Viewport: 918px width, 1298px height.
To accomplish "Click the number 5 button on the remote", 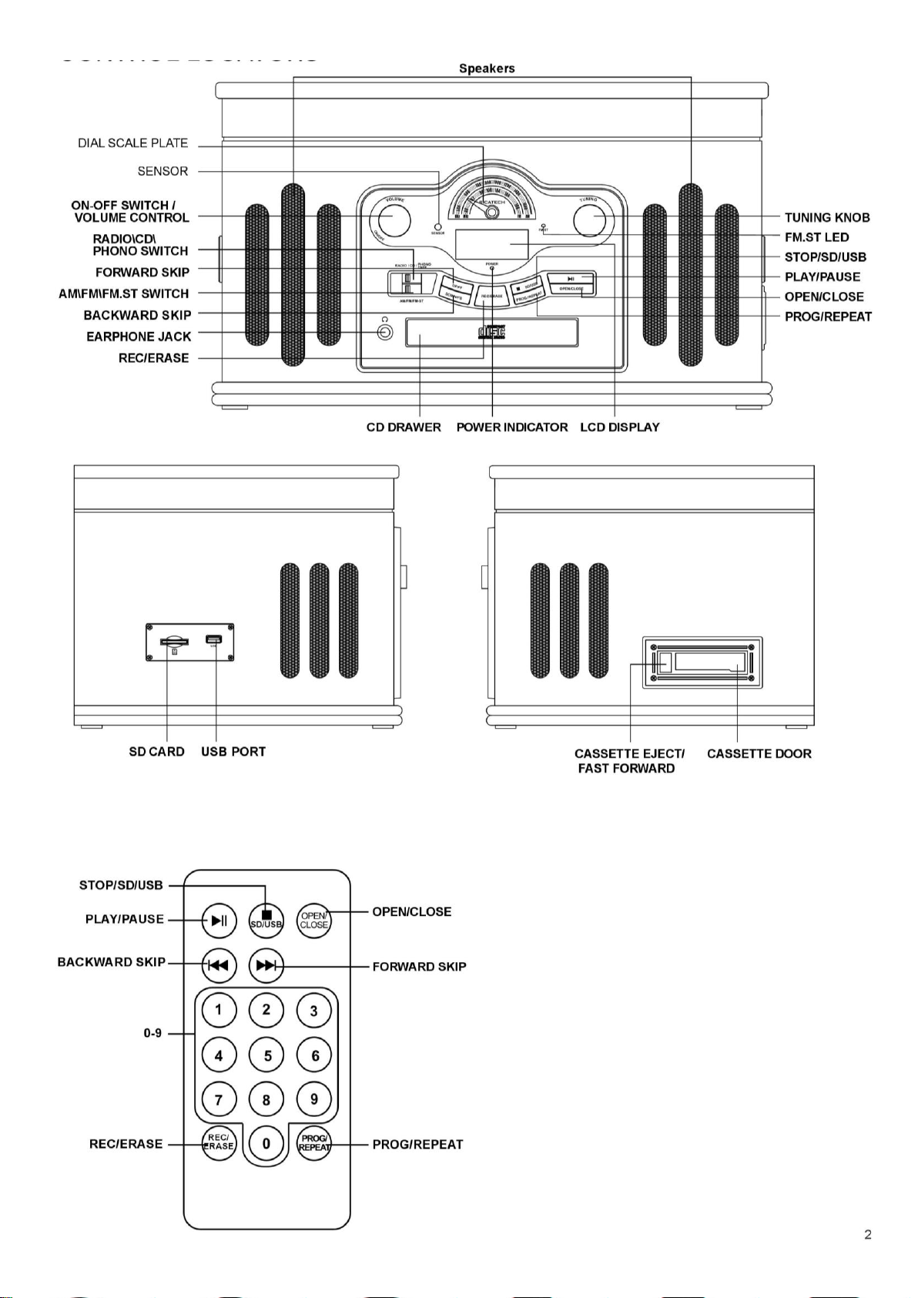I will pyautogui.click(x=266, y=1055).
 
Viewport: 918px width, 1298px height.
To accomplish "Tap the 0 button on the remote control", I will pyautogui.click(x=266, y=1143).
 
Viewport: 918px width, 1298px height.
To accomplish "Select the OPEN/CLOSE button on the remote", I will pyautogui.click(x=314, y=920).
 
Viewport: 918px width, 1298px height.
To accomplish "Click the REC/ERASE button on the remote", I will pyautogui.click(x=219, y=1143).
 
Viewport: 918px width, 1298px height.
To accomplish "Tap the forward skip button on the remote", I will pyautogui.click(x=266, y=965).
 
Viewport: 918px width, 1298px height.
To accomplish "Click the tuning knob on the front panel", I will pyautogui.click(x=596, y=217).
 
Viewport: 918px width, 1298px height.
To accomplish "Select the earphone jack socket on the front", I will pyautogui.click(x=385, y=333).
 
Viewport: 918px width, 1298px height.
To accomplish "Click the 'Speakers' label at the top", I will pyautogui.click(x=487, y=69).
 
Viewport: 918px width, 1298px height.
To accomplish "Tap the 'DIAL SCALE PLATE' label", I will pyautogui.click(x=132, y=143).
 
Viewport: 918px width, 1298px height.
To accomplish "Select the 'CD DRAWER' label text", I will pyautogui.click(x=404, y=428).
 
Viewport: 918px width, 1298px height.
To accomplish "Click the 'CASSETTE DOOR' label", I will pyautogui.click(x=759, y=753).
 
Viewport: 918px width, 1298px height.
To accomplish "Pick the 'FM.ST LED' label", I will pyautogui.click(x=816, y=237).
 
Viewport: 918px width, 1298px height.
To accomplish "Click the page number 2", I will pyautogui.click(x=868, y=1235).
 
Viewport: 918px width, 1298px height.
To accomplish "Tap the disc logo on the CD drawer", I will pyautogui.click(x=491, y=332).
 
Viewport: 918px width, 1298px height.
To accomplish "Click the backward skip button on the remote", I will pyautogui.click(x=219, y=965).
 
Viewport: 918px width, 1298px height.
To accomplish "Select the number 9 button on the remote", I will pyautogui.click(x=314, y=1099).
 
